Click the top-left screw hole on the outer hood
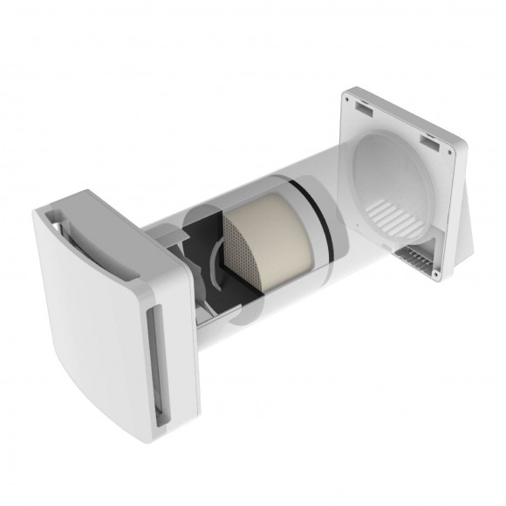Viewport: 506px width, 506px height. tap(356, 102)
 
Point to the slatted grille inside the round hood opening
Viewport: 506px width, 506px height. tap(397, 210)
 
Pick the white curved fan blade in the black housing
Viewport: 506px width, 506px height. tap(215, 261)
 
